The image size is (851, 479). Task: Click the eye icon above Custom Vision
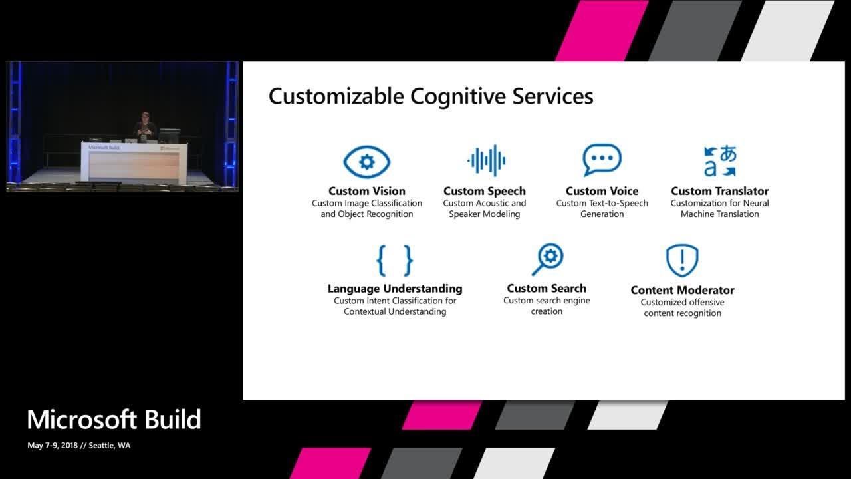(366, 162)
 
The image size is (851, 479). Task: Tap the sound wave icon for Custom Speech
(486, 160)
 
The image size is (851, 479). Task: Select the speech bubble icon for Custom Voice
(602, 160)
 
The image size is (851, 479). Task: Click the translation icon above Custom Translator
(720, 161)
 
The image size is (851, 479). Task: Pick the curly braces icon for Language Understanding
(395, 260)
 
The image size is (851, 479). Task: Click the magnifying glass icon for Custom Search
(547, 259)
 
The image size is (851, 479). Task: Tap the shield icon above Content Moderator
(682, 260)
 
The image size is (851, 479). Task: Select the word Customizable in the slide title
(336, 96)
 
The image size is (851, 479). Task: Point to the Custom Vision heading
(366, 191)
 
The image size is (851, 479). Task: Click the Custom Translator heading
(719, 191)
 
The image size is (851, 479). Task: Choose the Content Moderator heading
(682, 290)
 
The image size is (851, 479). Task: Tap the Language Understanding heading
(395, 289)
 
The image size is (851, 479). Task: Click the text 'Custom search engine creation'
(547, 306)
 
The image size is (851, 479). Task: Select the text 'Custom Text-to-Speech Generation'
(602, 208)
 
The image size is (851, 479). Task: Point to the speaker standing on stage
(145, 126)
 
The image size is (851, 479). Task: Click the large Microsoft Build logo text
(114, 420)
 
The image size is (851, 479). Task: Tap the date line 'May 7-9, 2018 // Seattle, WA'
(79, 446)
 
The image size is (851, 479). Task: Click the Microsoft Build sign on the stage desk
(104, 147)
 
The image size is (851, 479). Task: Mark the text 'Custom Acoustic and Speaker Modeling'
(485, 208)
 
